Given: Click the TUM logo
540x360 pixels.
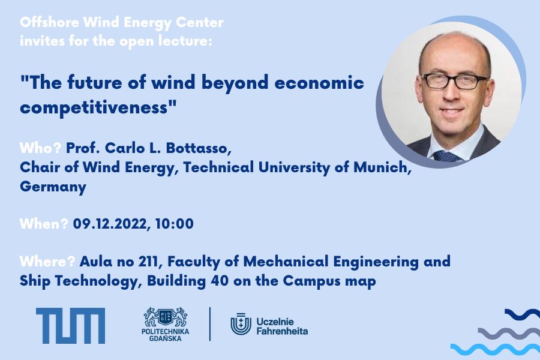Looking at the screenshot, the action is tap(70, 326).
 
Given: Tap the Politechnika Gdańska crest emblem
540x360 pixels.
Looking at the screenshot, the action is tap(166, 317).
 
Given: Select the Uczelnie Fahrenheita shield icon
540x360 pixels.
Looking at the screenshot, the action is tap(241, 324).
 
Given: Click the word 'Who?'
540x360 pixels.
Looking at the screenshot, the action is tap(41, 148).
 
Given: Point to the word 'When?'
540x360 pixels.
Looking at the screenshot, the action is tap(44, 224).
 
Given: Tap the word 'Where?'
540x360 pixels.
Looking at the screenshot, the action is tap(47, 262).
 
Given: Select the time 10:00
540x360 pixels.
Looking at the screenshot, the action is tap(174, 224).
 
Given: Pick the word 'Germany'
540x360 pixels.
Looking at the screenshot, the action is tap(53, 187).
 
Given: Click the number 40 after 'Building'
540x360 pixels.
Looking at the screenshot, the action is tap(217, 281).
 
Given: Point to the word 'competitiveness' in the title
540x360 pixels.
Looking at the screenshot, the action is tap(94, 107).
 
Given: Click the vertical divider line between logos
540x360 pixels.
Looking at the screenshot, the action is tap(210, 324).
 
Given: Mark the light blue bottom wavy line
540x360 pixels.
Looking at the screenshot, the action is tap(495, 349).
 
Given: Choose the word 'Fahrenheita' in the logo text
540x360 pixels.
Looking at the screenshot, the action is tap(282, 331).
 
